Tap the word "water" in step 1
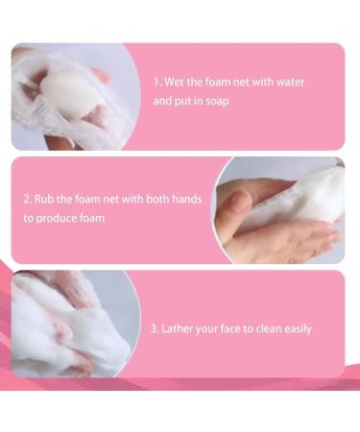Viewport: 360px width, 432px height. (x=290, y=83)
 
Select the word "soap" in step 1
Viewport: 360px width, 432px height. (x=217, y=102)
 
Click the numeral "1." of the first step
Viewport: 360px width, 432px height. (x=157, y=83)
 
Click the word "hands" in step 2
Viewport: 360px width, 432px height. (x=187, y=200)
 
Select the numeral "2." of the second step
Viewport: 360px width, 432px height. (x=28, y=200)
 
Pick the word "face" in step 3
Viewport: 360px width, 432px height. (x=230, y=329)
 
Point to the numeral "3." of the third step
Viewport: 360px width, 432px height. (x=155, y=329)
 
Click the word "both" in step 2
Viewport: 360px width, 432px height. (x=157, y=200)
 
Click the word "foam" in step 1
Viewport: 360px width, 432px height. (x=218, y=83)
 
